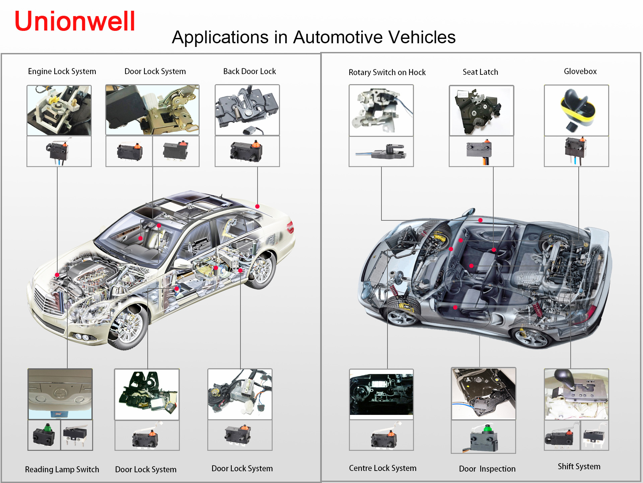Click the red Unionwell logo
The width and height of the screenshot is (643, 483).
tap(74, 21)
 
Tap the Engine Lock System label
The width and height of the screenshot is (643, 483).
tap(62, 71)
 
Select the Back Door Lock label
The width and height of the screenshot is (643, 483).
tap(249, 71)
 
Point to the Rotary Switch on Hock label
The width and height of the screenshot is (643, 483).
tap(387, 72)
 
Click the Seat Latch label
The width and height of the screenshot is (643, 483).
tap(480, 72)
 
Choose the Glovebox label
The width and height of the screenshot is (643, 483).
tap(580, 71)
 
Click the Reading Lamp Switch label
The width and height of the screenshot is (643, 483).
tap(62, 469)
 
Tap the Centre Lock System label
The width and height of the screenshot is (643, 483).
tap(382, 468)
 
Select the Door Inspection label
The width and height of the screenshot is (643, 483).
tap(487, 469)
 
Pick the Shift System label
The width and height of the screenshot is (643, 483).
tap(579, 466)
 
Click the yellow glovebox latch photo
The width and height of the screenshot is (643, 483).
tap(576, 110)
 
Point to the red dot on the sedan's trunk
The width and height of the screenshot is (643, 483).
tap(257, 206)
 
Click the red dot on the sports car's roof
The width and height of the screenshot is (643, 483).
tap(480, 220)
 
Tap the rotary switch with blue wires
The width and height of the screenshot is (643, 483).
tap(381, 152)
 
